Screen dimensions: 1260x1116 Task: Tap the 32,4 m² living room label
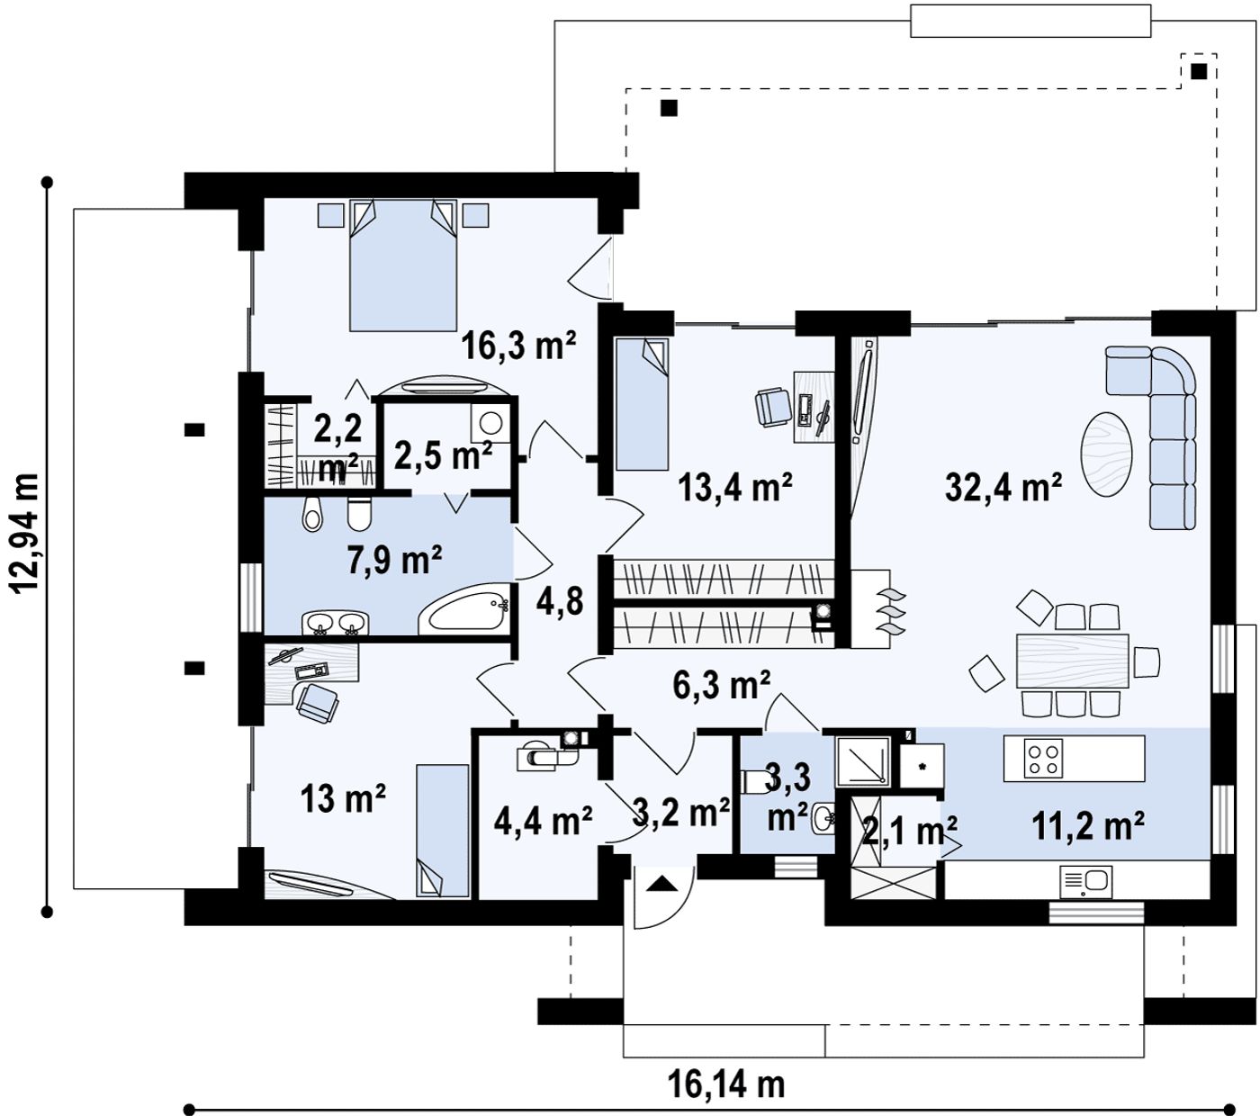coord(1003,487)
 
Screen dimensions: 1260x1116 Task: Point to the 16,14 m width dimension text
coord(725,1084)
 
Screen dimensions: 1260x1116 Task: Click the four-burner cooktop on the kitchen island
coord(1045,760)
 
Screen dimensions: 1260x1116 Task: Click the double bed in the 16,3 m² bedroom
coord(403,265)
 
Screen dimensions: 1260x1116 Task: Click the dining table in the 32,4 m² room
coord(1072,661)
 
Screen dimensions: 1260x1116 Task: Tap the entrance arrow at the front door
coord(661,884)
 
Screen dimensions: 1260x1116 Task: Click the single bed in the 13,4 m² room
coord(642,404)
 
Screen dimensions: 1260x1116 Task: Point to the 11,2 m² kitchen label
coord(1088,825)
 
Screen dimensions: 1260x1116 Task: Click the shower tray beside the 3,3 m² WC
coord(862,761)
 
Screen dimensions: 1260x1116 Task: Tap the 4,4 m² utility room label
coord(543,821)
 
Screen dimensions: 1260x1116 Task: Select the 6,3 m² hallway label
coord(722,685)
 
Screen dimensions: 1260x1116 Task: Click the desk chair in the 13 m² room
coord(318,703)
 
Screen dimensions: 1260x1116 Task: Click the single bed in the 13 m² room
coord(442,831)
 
